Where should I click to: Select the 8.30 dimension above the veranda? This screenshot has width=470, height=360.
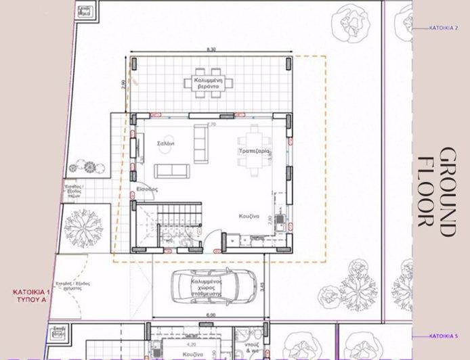point(211,50)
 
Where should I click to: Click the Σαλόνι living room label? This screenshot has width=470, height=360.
point(166,143)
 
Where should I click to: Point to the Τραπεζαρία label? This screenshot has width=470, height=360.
point(254,152)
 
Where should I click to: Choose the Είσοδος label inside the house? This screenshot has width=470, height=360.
point(147,189)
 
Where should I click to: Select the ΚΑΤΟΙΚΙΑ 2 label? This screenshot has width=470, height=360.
point(444,28)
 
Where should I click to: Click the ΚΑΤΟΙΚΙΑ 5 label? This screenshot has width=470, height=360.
point(444,336)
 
